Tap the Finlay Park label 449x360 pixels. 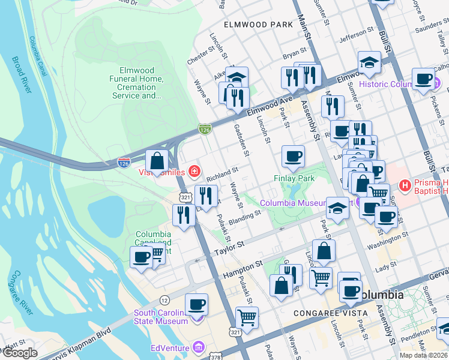coord(294,178)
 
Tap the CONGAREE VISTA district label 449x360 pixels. coord(325,313)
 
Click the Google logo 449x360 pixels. coord(20,353)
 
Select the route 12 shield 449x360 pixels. coord(164,299)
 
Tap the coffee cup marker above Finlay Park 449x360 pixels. coord(294,157)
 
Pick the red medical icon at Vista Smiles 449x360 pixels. coord(194,173)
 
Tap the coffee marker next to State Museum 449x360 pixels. coord(196,305)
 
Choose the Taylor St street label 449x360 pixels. coord(227,246)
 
